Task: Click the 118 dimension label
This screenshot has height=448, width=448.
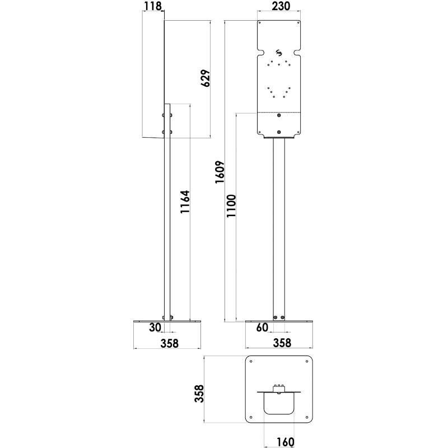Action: (152, 6)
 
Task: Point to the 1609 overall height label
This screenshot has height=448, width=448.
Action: (220, 171)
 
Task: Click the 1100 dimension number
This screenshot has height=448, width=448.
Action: (232, 211)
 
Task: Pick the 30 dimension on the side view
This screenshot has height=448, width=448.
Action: (155, 328)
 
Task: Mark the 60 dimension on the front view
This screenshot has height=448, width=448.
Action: (262, 328)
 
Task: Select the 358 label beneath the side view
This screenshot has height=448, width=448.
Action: (167, 343)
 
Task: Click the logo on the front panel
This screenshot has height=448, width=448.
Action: (279, 54)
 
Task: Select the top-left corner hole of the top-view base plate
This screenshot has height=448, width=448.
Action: (251, 361)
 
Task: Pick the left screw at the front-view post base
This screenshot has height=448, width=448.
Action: (276, 318)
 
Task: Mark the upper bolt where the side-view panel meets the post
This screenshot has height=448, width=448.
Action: (164, 116)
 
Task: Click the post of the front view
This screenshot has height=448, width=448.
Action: (279, 224)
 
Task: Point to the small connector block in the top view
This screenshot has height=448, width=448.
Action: (279, 387)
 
